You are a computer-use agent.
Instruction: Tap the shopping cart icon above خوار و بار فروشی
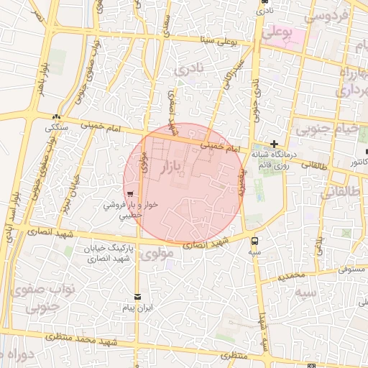(129, 194)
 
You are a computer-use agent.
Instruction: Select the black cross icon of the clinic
(274, 144)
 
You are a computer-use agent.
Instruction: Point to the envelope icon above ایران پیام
(138, 297)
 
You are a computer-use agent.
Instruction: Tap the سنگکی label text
(57, 127)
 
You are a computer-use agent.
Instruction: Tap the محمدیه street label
(293, 275)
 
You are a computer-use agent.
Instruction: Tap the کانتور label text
(354, 163)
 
